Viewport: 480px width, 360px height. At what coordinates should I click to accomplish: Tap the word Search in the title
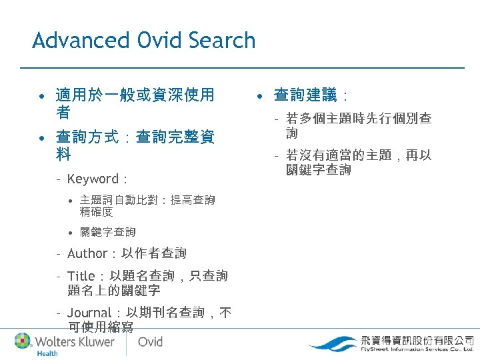(x=222, y=41)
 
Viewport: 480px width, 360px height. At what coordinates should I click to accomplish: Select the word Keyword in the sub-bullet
(x=93, y=179)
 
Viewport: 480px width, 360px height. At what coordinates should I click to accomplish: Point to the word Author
(x=87, y=253)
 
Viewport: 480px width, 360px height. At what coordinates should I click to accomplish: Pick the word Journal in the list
(x=89, y=313)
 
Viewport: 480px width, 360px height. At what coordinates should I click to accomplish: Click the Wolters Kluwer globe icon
(x=23, y=341)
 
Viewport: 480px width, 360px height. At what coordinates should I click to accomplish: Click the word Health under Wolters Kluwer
(x=47, y=353)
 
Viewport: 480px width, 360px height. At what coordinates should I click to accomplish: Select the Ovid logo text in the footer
(x=150, y=341)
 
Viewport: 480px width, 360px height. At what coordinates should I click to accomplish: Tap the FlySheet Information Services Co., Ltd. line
(x=417, y=349)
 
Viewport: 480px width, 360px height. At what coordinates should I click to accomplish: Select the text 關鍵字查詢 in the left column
(x=107, y=232)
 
